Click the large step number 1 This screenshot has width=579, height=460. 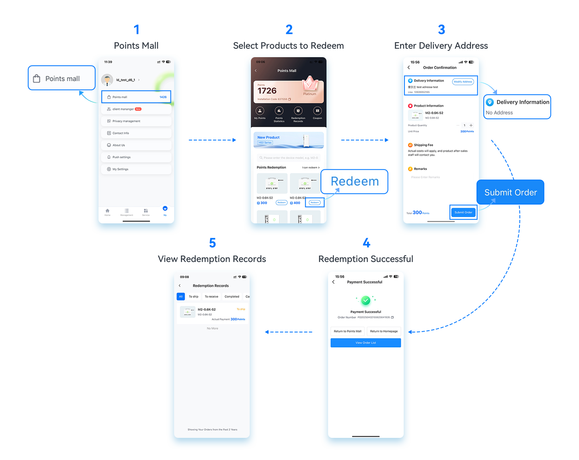click(136, 29)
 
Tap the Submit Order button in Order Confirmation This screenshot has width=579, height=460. click(463, 212)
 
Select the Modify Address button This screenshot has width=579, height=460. click(463, 82)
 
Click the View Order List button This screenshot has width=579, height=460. click(365, 343)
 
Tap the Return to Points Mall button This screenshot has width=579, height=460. click(347, 331)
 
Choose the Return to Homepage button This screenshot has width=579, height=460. click(384, 331)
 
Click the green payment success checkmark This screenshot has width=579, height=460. click(365, 300)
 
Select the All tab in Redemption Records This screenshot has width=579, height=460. click(181, 297)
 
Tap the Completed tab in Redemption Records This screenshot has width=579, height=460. click(232, 297)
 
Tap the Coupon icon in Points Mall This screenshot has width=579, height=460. click(317, 111)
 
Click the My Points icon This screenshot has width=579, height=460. click(260, 111)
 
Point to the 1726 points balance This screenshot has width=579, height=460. click(267, 91)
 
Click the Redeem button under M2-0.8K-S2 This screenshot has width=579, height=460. click(315, 202)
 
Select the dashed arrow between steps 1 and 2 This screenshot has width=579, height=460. click(212, 140)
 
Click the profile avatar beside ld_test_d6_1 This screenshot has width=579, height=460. click(107, 80)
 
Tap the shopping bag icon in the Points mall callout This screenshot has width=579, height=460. click(37, 78)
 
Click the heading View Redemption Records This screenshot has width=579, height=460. click(212, 259)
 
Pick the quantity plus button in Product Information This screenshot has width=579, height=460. click(471, 125)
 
